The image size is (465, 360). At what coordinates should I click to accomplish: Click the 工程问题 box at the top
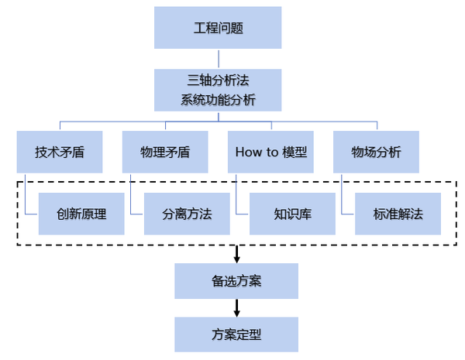coord(218,29)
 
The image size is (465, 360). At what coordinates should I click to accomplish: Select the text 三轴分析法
coord(218,80)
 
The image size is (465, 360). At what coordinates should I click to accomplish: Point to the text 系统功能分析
coord(218,100)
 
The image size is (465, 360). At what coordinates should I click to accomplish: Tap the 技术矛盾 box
coord(60,152)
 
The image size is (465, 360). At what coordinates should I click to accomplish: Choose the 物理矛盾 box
coord(165,152)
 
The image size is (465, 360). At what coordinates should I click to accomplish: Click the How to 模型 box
coord(270,152)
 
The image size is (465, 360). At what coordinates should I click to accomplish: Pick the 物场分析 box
coord(376,152)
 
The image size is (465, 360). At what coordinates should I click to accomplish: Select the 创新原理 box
coord(81,214)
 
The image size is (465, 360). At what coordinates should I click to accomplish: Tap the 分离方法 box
coord(187,214)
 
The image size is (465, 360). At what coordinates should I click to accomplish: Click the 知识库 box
coord(292,214)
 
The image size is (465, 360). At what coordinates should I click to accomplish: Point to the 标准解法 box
coord(398,214)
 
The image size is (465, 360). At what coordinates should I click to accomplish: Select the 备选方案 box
coord(236,280)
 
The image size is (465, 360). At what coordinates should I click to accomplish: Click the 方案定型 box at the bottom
coord(236,334)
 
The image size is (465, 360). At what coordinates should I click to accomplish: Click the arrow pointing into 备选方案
coord(236,255)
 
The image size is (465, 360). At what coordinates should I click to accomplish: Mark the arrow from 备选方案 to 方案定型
coord(236,308)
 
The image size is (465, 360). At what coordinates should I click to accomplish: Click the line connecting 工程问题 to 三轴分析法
coord(218,59)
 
